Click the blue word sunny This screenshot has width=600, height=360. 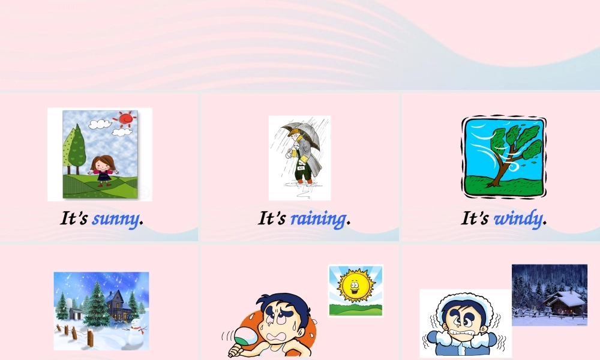(x=116, y=218)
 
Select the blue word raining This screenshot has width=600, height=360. (x=318, y=218)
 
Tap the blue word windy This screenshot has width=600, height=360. (x=518, y=218)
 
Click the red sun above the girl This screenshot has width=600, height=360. (x=125, y=119)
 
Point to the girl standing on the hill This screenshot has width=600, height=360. (x=103, y=170)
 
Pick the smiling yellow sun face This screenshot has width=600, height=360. (x=355, y=286)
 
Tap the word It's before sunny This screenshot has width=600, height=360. (x=74, y=218)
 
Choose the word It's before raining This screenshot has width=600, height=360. (x=272, y=218)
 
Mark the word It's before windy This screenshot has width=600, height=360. (x=475, y=218)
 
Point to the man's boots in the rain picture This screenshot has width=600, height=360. (x=304, y=178)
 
